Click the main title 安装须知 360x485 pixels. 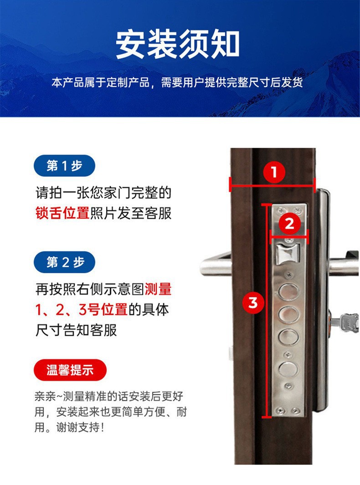coord(178,44)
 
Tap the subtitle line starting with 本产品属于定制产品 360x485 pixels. coord(177,83)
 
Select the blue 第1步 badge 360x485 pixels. coord(64,166)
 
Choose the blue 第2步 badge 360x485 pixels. coord(65,262)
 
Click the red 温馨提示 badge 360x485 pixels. coord(70,370)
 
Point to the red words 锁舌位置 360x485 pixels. coord(62,214)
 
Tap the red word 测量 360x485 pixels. coord(158,289)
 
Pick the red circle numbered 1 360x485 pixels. coord(273,173)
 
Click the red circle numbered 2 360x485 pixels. coord(290,224)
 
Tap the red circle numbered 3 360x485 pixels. coord(253,302)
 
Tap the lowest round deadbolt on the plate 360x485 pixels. coord(288,368)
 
